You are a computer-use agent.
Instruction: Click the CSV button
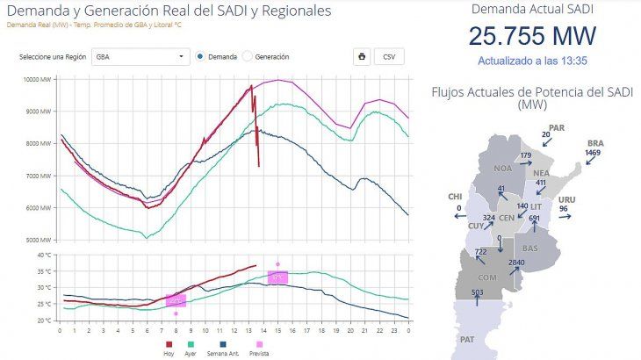point(389,57)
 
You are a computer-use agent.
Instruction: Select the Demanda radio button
point(201,57)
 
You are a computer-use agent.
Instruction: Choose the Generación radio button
point(248,57)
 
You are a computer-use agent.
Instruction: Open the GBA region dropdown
point(141,57)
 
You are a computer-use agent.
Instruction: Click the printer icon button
point(361,57)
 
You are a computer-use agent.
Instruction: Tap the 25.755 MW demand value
point(532,37)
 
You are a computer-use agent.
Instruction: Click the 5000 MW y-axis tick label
point(40,240)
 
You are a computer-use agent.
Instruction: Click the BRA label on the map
point(595,142)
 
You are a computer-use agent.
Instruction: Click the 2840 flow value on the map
point(516,263)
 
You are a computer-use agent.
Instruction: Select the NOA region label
point(503,168)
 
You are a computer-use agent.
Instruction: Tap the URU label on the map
point(567,198)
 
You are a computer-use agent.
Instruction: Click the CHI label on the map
point(455,197)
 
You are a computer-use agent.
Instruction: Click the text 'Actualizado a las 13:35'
point(532,61)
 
